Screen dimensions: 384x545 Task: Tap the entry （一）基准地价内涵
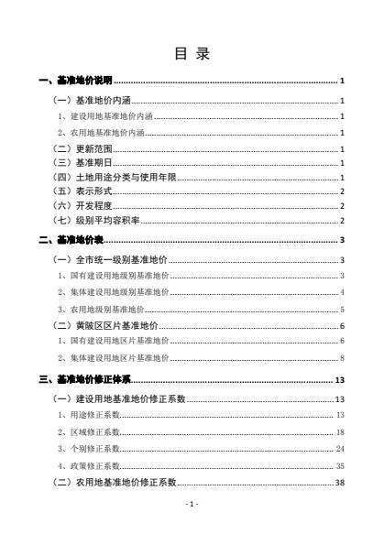pyautogui.click(x=93, y=100)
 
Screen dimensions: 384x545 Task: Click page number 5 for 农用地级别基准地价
pyautogui.click(x=341, y=310)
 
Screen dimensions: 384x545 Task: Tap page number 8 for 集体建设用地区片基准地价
pyautogui.click(x=341, y=356)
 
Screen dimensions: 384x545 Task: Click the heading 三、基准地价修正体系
pyautogui.click(x=88, y=377)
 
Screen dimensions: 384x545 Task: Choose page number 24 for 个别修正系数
pyautogui.click(x=339, y=448)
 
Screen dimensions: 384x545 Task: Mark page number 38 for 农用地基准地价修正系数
pyautogui.click(x=339, y=481)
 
